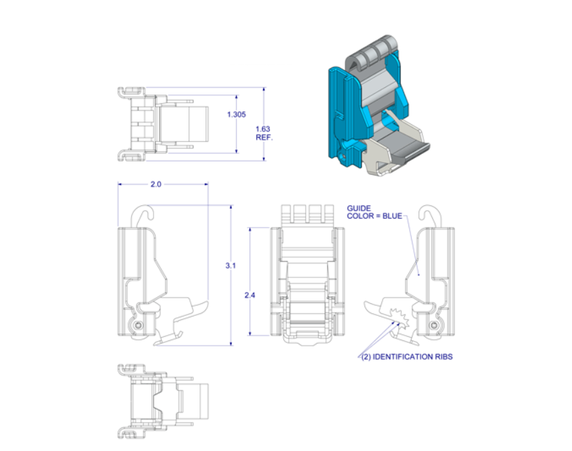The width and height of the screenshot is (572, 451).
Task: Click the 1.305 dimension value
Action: click(236, 115)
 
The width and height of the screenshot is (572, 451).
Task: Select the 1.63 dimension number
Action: click(262, 128)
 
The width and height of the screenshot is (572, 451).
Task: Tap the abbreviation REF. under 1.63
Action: click(263, 137)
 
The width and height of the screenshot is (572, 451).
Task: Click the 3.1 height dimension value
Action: click(230, 266)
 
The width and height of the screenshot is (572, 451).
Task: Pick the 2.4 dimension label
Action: click(249, 295)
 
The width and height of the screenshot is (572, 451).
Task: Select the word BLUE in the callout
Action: click(390, 216)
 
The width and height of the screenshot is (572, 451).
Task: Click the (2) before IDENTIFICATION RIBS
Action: click(366, 356)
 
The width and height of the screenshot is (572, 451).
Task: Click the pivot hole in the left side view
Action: click(139, 325)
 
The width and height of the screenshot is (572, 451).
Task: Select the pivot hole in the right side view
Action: click(434, 325)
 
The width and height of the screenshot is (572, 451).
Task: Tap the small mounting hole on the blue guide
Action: click(343, 155)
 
